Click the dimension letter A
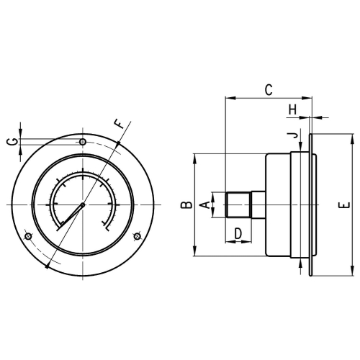[x=204, y=205]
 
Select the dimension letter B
[x=186, y=205]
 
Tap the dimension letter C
[x=267, y=90]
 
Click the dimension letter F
[x=120, y=124]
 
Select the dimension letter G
[x=12, y=142]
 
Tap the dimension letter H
[x=292, y=109]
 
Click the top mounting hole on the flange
[x=83, y=142]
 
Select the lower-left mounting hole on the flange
[x=28, y=237]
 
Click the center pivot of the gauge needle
[x=83, y=205]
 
